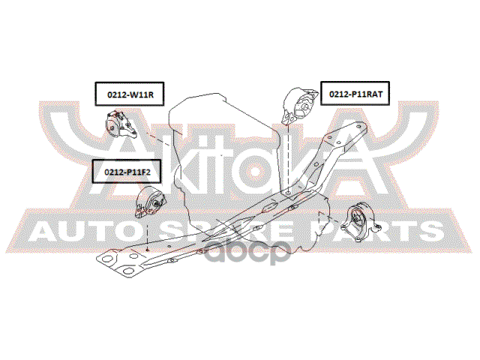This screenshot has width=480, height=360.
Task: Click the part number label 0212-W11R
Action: [x=129, y=94]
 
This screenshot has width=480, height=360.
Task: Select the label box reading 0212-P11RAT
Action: [x=356, y=94]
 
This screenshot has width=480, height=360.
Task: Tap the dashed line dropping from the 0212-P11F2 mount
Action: [x=148, y=231]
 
